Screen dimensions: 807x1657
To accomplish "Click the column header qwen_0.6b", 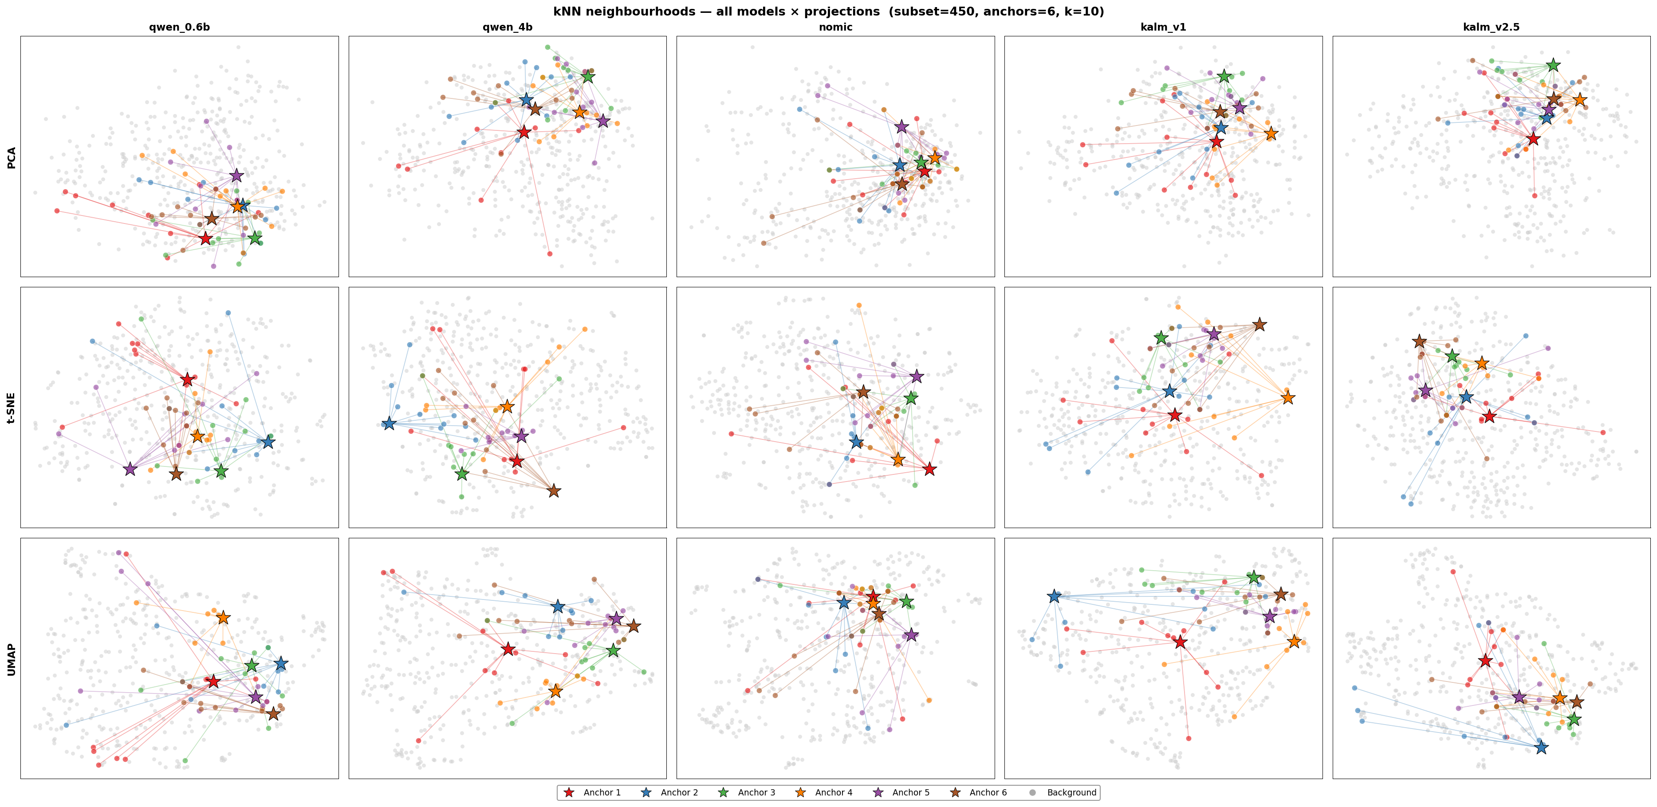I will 180,27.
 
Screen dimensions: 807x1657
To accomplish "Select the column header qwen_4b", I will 508,27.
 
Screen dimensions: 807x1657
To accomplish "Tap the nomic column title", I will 835,27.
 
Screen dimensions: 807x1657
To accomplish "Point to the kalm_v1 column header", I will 1163,27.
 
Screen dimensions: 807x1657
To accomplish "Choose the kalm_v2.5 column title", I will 1491,27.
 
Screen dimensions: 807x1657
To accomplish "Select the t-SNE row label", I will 12,407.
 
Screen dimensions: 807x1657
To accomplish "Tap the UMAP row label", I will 12,658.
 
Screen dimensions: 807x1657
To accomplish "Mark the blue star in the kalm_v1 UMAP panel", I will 1054,597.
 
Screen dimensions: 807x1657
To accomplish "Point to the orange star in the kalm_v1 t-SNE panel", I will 1287,398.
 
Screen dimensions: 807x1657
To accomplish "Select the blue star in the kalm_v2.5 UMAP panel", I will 1541,747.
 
